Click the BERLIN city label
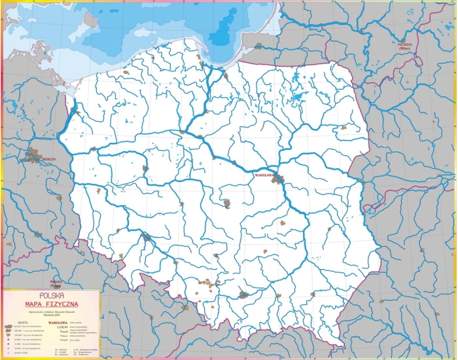[x=49, y=159]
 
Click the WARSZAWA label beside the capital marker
[x=264, y=175]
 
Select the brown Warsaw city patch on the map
[x=279, y=177]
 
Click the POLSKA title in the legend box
[x=52, y=295]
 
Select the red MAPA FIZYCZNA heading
[x=52, y=304]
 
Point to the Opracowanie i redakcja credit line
[x=52, y=310]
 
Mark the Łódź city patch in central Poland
[x=227, y=204]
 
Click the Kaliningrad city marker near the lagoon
[x=259, y=46]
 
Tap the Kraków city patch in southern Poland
[x=243, y=295]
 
